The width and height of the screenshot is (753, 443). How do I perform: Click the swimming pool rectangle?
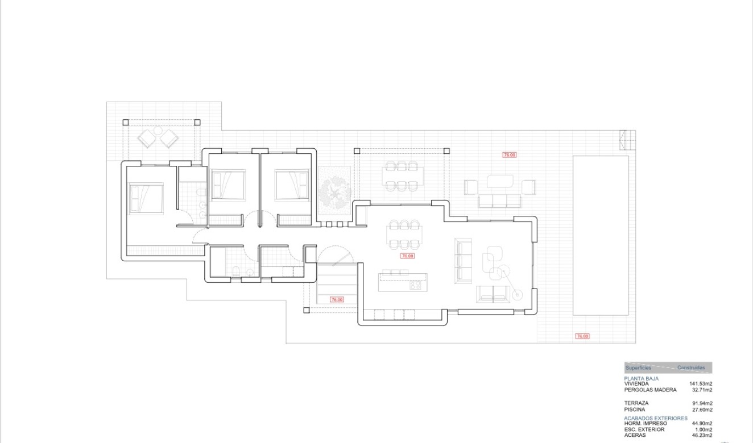601,235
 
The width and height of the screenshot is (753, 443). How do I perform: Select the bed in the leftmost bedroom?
146,198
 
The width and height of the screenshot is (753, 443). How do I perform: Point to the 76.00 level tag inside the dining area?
407,256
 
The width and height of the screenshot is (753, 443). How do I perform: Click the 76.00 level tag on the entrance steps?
337,299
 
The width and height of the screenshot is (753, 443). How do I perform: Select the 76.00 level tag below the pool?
582,336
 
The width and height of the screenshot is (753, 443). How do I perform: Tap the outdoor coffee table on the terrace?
500,181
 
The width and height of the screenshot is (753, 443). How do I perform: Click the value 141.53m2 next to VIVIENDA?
701,384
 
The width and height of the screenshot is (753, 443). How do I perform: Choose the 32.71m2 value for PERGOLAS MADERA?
702,390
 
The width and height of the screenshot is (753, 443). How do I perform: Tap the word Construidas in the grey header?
690,368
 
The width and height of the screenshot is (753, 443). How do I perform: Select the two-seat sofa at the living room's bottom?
493,294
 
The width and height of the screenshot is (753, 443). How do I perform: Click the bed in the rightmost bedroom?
291,186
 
